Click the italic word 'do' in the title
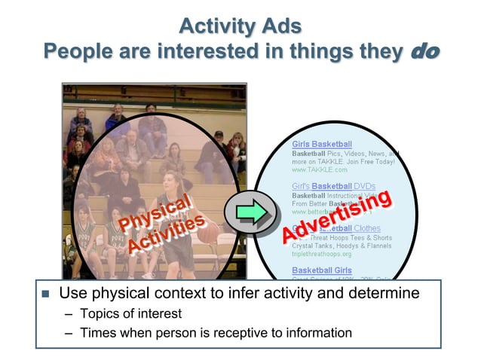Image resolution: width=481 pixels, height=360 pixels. pos(424,51)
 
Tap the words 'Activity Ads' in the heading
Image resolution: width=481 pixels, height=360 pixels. pos(240,26)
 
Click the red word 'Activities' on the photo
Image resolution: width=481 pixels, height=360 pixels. pos(165,234)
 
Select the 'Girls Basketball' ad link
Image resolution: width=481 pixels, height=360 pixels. pos(322,144)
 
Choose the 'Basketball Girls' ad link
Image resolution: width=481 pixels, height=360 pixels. pos(322,270)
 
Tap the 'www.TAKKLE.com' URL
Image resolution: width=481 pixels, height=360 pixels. pos(320,170)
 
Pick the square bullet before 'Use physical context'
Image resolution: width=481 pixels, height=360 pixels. pos(45,294)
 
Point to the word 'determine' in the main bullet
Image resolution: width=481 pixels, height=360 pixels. pos(384,293)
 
